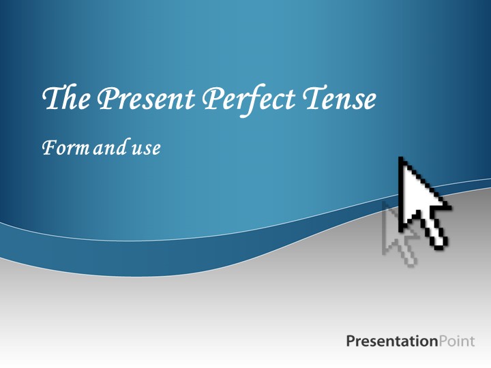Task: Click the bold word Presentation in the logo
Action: [x=391, y=341]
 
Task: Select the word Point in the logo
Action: [x=456, y=341]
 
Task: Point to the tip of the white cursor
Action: [x=400, y=159]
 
